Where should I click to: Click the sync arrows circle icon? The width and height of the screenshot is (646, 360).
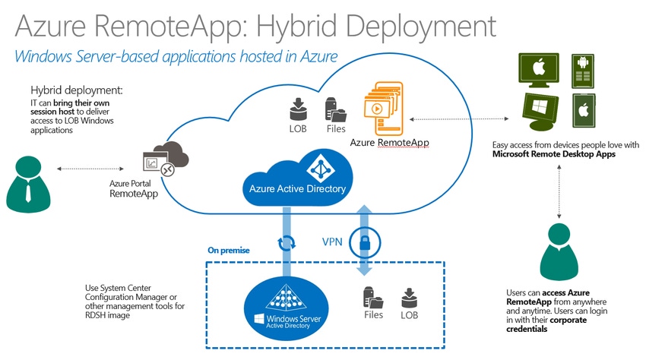[287, 245]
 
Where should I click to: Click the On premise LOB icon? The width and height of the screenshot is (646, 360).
[409, 297]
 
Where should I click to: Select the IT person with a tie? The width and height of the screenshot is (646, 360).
[29, 182]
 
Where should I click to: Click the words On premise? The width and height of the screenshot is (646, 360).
[228, 251]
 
